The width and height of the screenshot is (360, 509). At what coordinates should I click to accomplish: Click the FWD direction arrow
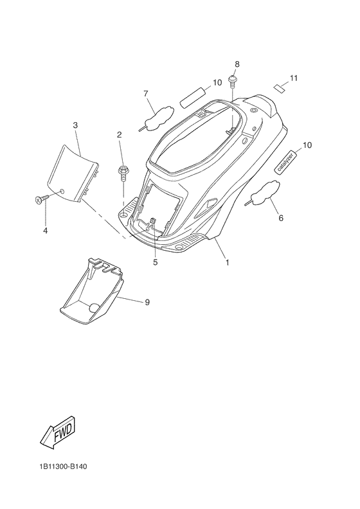(59, 432)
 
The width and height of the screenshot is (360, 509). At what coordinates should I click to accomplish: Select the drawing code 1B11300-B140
(64, 467)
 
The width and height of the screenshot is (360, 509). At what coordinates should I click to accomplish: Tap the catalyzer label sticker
(285, 161)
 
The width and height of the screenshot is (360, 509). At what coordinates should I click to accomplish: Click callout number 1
(227, 262)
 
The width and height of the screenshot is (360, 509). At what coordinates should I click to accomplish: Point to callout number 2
(120, 135)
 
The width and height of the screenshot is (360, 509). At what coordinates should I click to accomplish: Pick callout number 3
(75, 125)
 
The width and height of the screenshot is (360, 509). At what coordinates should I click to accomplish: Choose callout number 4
(46, 231)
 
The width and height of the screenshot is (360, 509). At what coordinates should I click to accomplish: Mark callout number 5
(156, 262)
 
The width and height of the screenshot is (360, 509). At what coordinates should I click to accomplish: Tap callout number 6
(281, 218)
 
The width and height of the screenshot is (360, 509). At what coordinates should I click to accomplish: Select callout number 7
(146, 94)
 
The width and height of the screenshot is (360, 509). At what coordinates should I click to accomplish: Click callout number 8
(237, 64)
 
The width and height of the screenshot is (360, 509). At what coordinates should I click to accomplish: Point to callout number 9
(147, 302)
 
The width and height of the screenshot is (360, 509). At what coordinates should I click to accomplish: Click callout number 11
(294, 78)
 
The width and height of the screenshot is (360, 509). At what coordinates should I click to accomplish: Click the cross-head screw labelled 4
(42, 199)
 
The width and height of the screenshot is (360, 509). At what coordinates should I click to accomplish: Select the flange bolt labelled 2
(123, 174)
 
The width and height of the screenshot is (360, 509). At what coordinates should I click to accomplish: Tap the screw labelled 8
(233, 81)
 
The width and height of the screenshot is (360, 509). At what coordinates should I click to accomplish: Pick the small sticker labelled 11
(279, 87)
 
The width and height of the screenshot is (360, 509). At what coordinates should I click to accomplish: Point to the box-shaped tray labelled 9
(92, 291)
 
